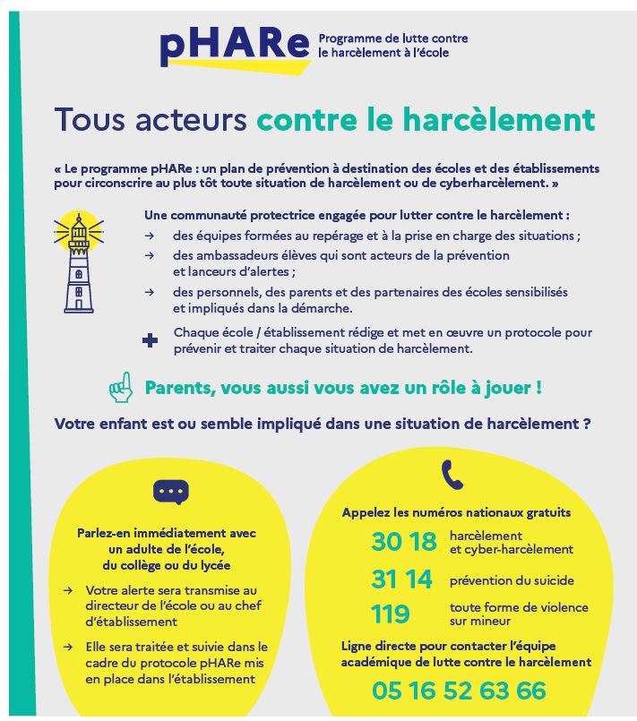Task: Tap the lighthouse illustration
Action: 79,262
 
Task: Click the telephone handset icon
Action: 452,475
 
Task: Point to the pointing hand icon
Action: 120,388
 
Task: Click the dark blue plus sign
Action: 150,340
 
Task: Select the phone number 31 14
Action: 401,579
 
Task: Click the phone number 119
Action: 390,614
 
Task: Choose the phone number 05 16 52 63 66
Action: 459,691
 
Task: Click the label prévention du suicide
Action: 512,580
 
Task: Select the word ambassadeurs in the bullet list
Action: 222,255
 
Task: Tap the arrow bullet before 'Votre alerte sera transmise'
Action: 69,591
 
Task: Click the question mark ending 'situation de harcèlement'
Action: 586,424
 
